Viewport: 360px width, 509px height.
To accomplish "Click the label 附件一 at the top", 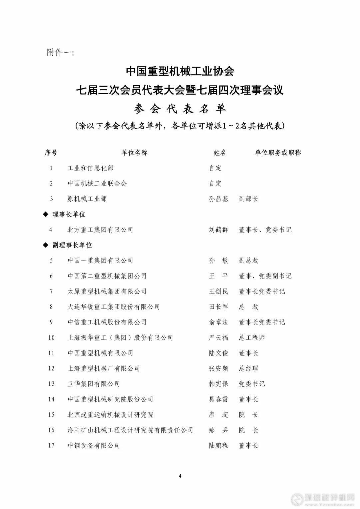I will tap(60, 53).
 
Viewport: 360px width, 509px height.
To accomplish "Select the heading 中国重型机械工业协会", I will tap(180, 71).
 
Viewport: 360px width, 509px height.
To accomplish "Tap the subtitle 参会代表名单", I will tap(180, 109).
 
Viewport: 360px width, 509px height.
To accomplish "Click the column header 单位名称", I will tap(134, 153).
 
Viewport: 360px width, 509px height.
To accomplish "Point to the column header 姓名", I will tap(220, 153).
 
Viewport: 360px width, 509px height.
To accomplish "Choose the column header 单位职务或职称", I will tap(278, 153).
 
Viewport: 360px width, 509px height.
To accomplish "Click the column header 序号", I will tap(51, 153).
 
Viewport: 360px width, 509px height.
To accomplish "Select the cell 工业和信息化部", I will tap(90, 168).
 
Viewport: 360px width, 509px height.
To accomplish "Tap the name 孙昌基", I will tap(219, 199).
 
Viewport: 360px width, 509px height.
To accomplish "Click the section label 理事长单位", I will tap(69, 214).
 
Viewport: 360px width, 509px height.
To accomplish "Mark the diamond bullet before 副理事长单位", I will tap(46, 245).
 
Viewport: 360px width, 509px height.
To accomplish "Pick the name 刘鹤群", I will tap(219, 230).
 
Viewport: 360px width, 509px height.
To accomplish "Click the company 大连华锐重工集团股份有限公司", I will tap(114, 307).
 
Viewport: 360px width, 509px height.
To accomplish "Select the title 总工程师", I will tap(252, 337).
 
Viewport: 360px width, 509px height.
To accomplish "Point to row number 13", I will tap(51, 384).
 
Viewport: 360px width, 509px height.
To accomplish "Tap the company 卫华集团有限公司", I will tap(94, 384).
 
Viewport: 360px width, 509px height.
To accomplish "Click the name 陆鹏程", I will tap(219, 445).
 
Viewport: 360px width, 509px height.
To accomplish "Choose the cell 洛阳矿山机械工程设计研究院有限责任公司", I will tap(130, 430).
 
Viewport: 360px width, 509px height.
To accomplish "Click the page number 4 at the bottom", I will tap(180, 476).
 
